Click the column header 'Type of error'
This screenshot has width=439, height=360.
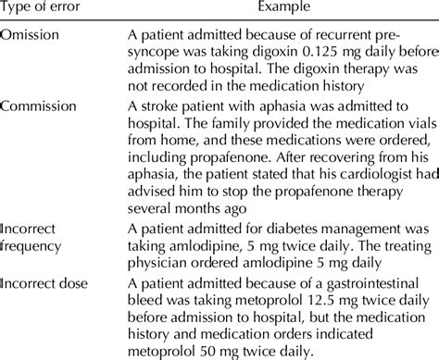(x=44, y=10)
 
